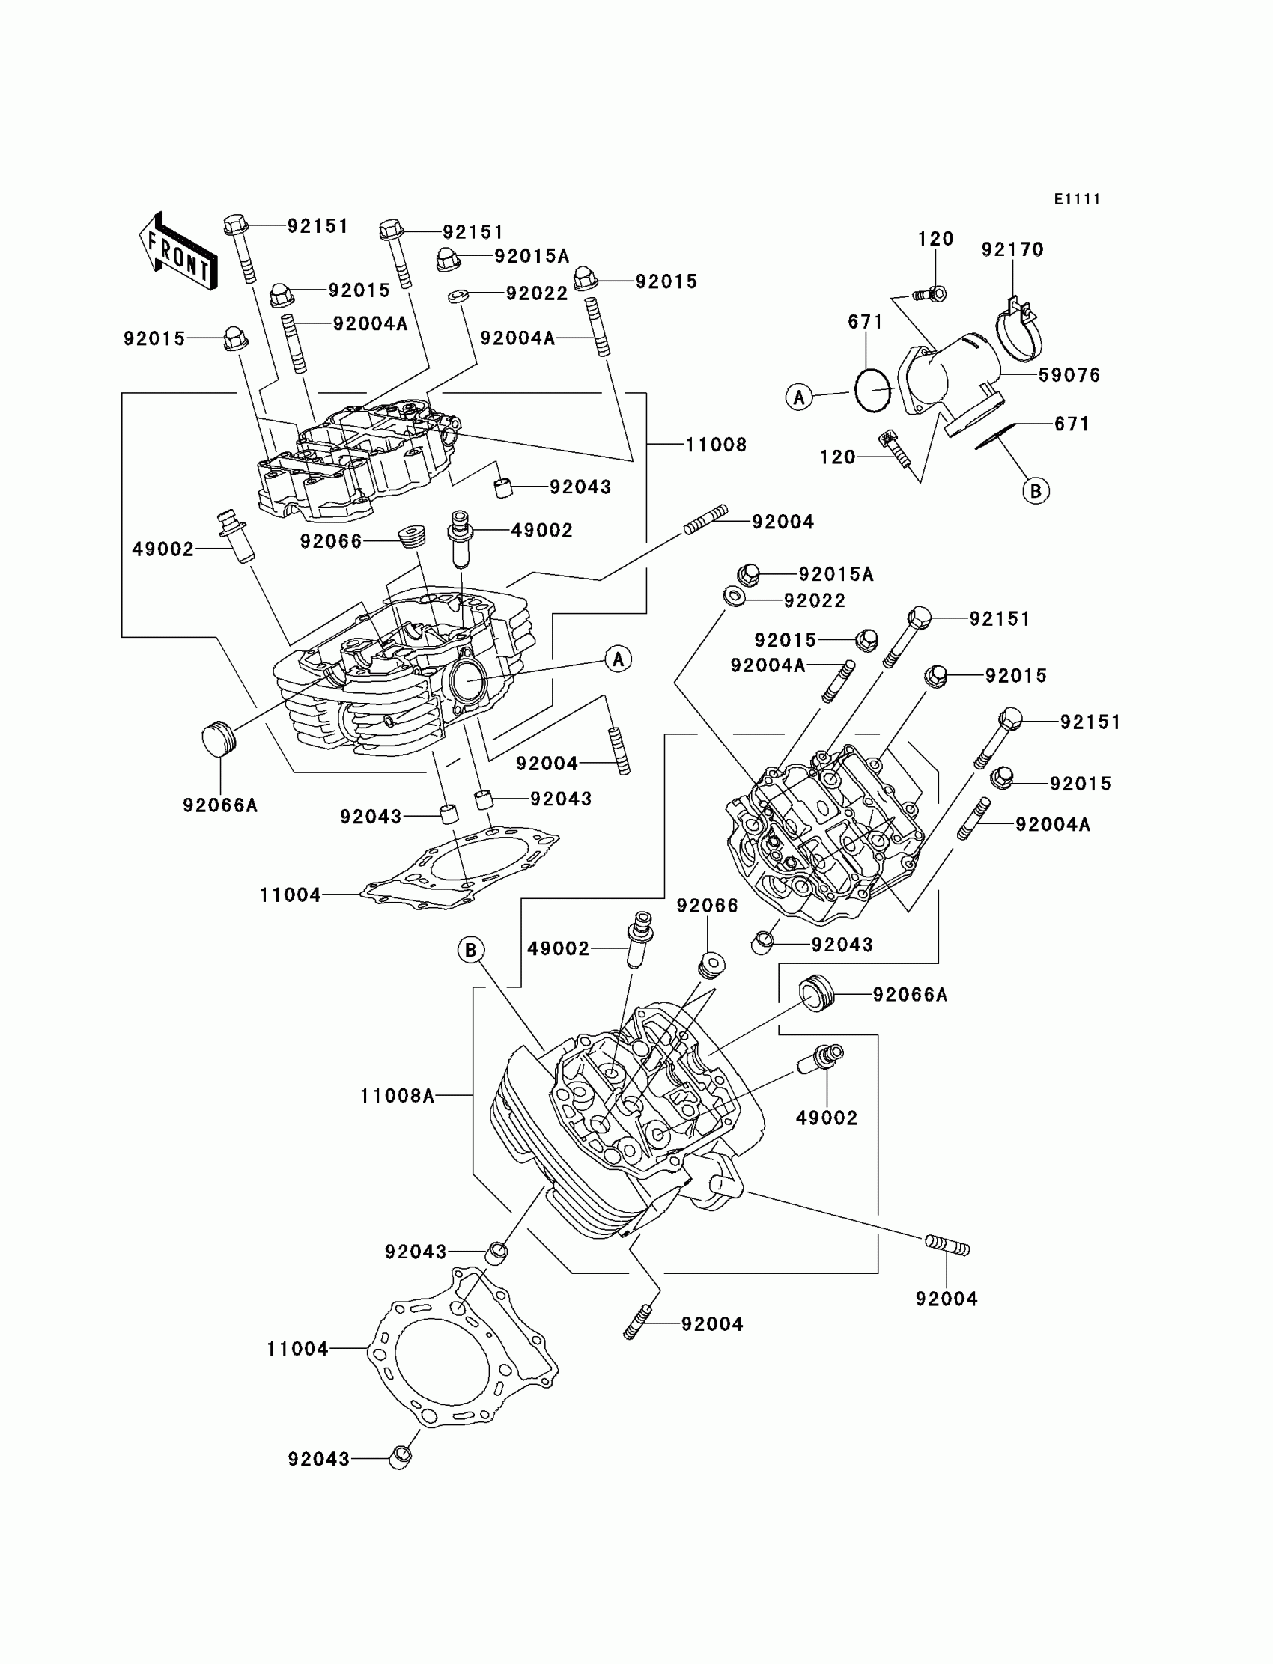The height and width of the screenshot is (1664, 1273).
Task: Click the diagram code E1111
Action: click(x=1077, y=199)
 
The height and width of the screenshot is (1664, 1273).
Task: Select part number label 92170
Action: click(x=1012, y=249)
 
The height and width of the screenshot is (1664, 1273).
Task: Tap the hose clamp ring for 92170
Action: click(x=1018, y=333)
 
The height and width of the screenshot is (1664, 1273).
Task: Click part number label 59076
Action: click(x=1069, y=375)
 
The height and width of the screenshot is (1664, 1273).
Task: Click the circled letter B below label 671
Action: click(x=1036, y=491)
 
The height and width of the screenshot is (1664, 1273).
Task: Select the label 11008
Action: click(x=716, y=445)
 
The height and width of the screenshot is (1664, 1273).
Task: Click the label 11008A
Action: click(x=397, y=1096)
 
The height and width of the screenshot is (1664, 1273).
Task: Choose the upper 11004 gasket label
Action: click(x=291, y=895)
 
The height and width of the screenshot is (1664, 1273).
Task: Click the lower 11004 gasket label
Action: click(x=297, y=1348)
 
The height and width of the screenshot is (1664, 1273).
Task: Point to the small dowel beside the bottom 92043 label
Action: click(x=400, y=1457)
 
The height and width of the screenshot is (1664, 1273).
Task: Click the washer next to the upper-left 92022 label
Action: click(x=457, y=296)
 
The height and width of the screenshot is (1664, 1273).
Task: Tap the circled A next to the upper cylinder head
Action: click(x=619, y=659)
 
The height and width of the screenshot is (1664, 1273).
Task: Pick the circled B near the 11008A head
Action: click(x=470, y=950)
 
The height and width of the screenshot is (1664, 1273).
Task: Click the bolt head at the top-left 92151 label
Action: click(x=235, y=225)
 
